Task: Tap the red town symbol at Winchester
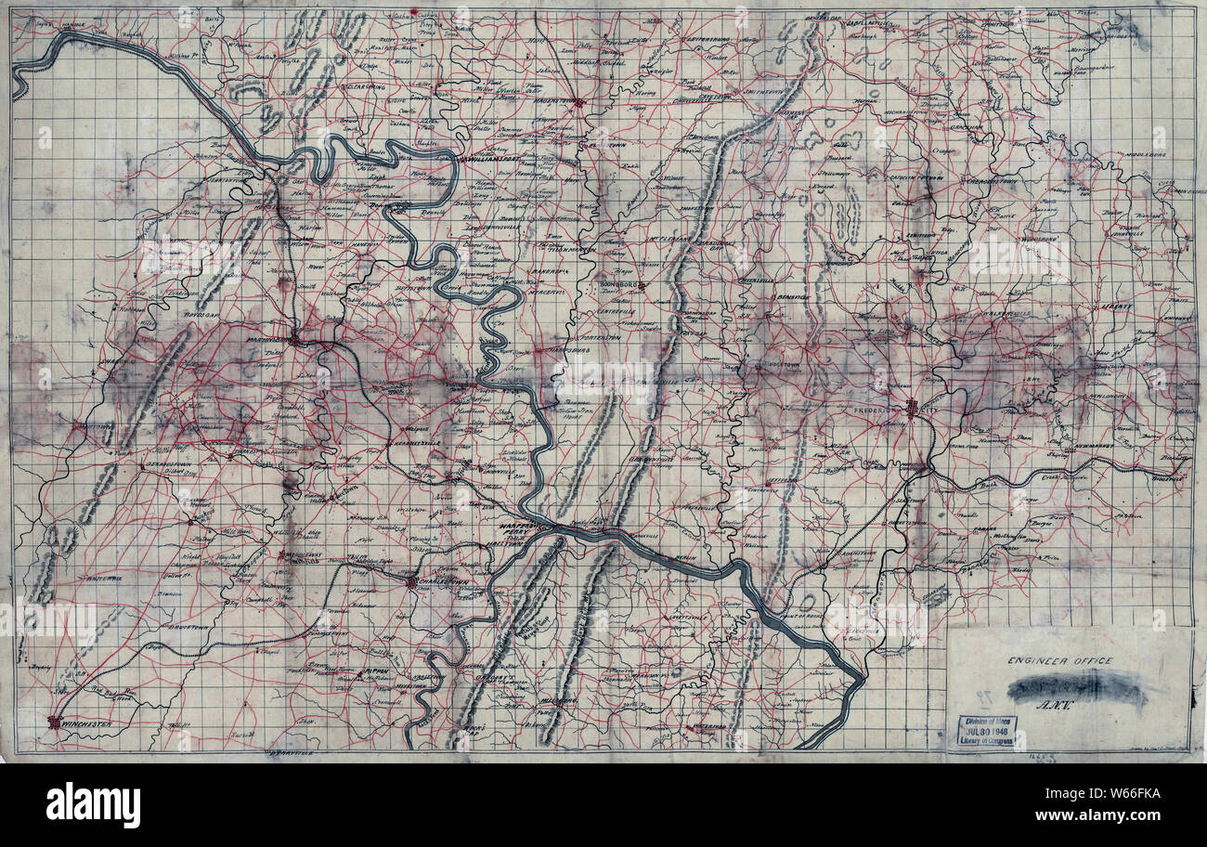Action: [55, 722]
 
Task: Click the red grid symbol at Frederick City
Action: [913, 407]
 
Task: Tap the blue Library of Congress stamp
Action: [980, 733]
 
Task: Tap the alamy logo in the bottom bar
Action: [93, 804]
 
